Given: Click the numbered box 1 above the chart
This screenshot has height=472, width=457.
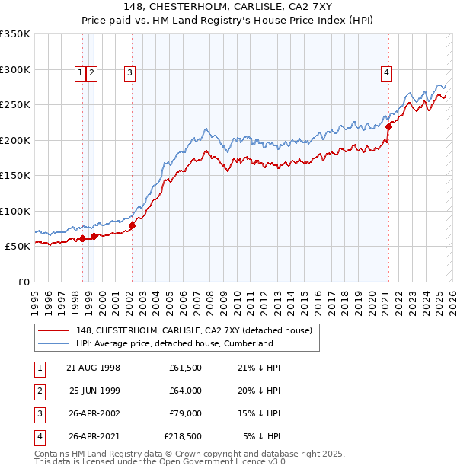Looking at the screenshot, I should point(80,73).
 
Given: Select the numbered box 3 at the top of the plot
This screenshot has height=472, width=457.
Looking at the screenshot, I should point(130,73).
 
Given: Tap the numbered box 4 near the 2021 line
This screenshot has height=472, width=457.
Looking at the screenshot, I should point(387,73).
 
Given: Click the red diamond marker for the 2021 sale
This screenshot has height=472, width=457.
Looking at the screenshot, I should point(388,127).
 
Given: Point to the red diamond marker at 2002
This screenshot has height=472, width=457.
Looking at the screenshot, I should point(132,225).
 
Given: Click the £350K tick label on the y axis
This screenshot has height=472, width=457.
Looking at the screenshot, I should point(15,34).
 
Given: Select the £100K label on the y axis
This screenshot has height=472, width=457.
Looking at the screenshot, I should point(15,211).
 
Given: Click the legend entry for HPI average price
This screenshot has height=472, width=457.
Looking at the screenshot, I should point(174,343).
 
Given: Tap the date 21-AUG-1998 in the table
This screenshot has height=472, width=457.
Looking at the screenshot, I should point(94,368).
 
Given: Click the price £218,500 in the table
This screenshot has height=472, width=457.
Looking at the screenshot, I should point(183,436).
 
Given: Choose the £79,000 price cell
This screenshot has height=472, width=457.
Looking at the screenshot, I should point(185,413).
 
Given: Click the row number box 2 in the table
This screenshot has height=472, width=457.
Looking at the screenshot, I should point(38,391).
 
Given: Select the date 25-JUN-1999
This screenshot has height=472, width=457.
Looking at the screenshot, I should point(94,391).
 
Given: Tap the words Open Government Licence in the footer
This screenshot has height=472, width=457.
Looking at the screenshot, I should point(216,461).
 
